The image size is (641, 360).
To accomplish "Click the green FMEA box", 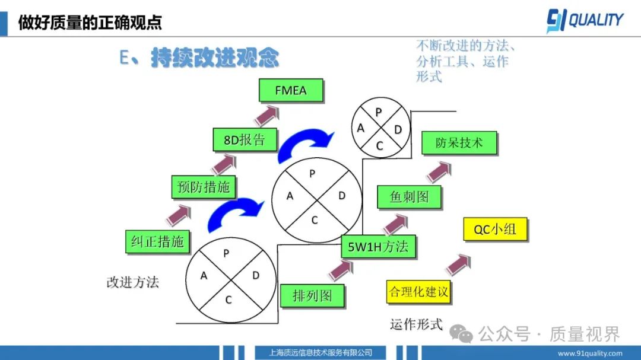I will click(x=291, y=91).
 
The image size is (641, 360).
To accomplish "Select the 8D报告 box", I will click(x=244, y=141).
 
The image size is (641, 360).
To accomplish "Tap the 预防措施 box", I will click(x=203, y=187).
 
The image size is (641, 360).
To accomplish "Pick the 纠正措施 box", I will click(x=157, y=241).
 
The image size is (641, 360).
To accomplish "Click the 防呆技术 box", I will click(x=459, y=143).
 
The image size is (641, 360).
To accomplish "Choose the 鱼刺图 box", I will click(x=409, y=197).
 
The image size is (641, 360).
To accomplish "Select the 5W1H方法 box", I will click(x=378, y=246).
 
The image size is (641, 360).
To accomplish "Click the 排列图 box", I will click(x=312, y=295).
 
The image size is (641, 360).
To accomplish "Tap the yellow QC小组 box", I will click(x=494, y=230).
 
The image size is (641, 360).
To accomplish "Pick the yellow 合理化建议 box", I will click(x=418, y=292).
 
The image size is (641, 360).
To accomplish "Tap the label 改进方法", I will click(x=133, y=282).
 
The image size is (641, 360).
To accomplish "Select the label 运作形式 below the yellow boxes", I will click(x=416, y=324).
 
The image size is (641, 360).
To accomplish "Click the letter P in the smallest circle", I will click(x=379, y=112).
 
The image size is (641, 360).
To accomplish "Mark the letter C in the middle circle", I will click(x=315, y=220).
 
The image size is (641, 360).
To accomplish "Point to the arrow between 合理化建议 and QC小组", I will click(x=459, y=264).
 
